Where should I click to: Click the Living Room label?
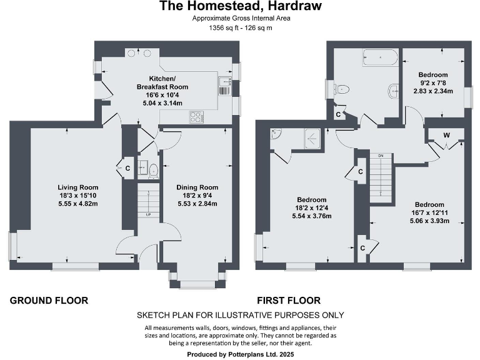click(x=78, y=187)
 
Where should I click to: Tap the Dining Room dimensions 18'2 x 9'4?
click(x=197, y=196)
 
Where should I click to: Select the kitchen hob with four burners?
click(x=197, y=116)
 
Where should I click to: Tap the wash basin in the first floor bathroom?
click(x=393, y=90)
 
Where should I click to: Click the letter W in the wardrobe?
click(x=446, y=135)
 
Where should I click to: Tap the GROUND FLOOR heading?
click(x=49, y=301)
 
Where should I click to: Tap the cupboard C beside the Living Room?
click(x=127, y=167)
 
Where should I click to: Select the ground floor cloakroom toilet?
click(x=153, y=167)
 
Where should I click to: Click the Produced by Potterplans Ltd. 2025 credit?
click(x=240, y=354)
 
